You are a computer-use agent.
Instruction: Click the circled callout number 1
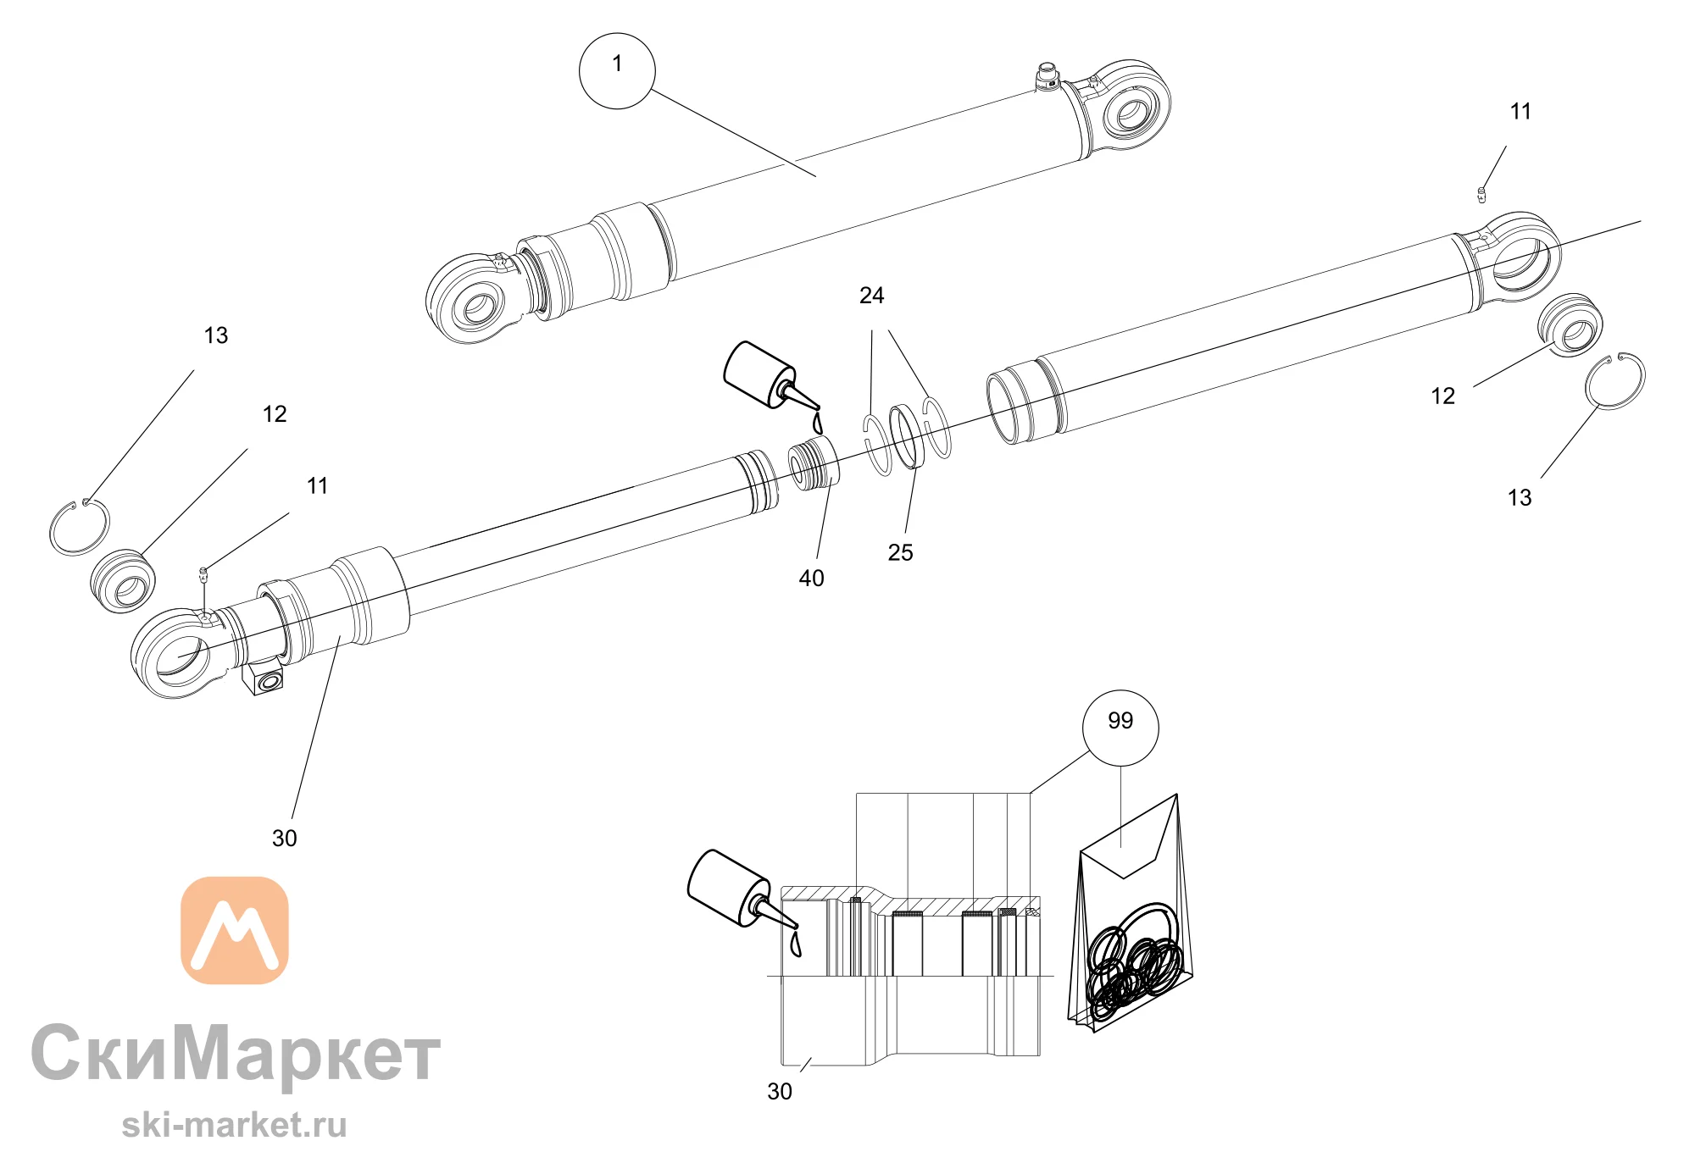[617, 71]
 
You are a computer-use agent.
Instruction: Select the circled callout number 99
[1120, 728]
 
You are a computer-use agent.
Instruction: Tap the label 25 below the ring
[900, 553]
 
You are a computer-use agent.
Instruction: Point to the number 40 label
[811, 579]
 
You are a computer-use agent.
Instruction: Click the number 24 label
[871, 296]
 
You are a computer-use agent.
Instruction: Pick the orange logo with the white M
[235, 930]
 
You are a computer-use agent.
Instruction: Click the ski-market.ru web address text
[234, 1125]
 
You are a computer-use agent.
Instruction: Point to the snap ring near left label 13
[79, 527]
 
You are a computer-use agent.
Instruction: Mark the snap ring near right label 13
[1616, 381]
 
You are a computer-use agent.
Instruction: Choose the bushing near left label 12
[123, 582]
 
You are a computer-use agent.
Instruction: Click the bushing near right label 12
[1570, 325]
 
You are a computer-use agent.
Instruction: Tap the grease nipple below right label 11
[1481, 195]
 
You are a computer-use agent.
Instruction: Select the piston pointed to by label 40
[814, 464]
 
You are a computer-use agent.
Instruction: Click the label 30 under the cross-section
[779, 1092]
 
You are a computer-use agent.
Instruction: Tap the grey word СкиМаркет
[236, 1054]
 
